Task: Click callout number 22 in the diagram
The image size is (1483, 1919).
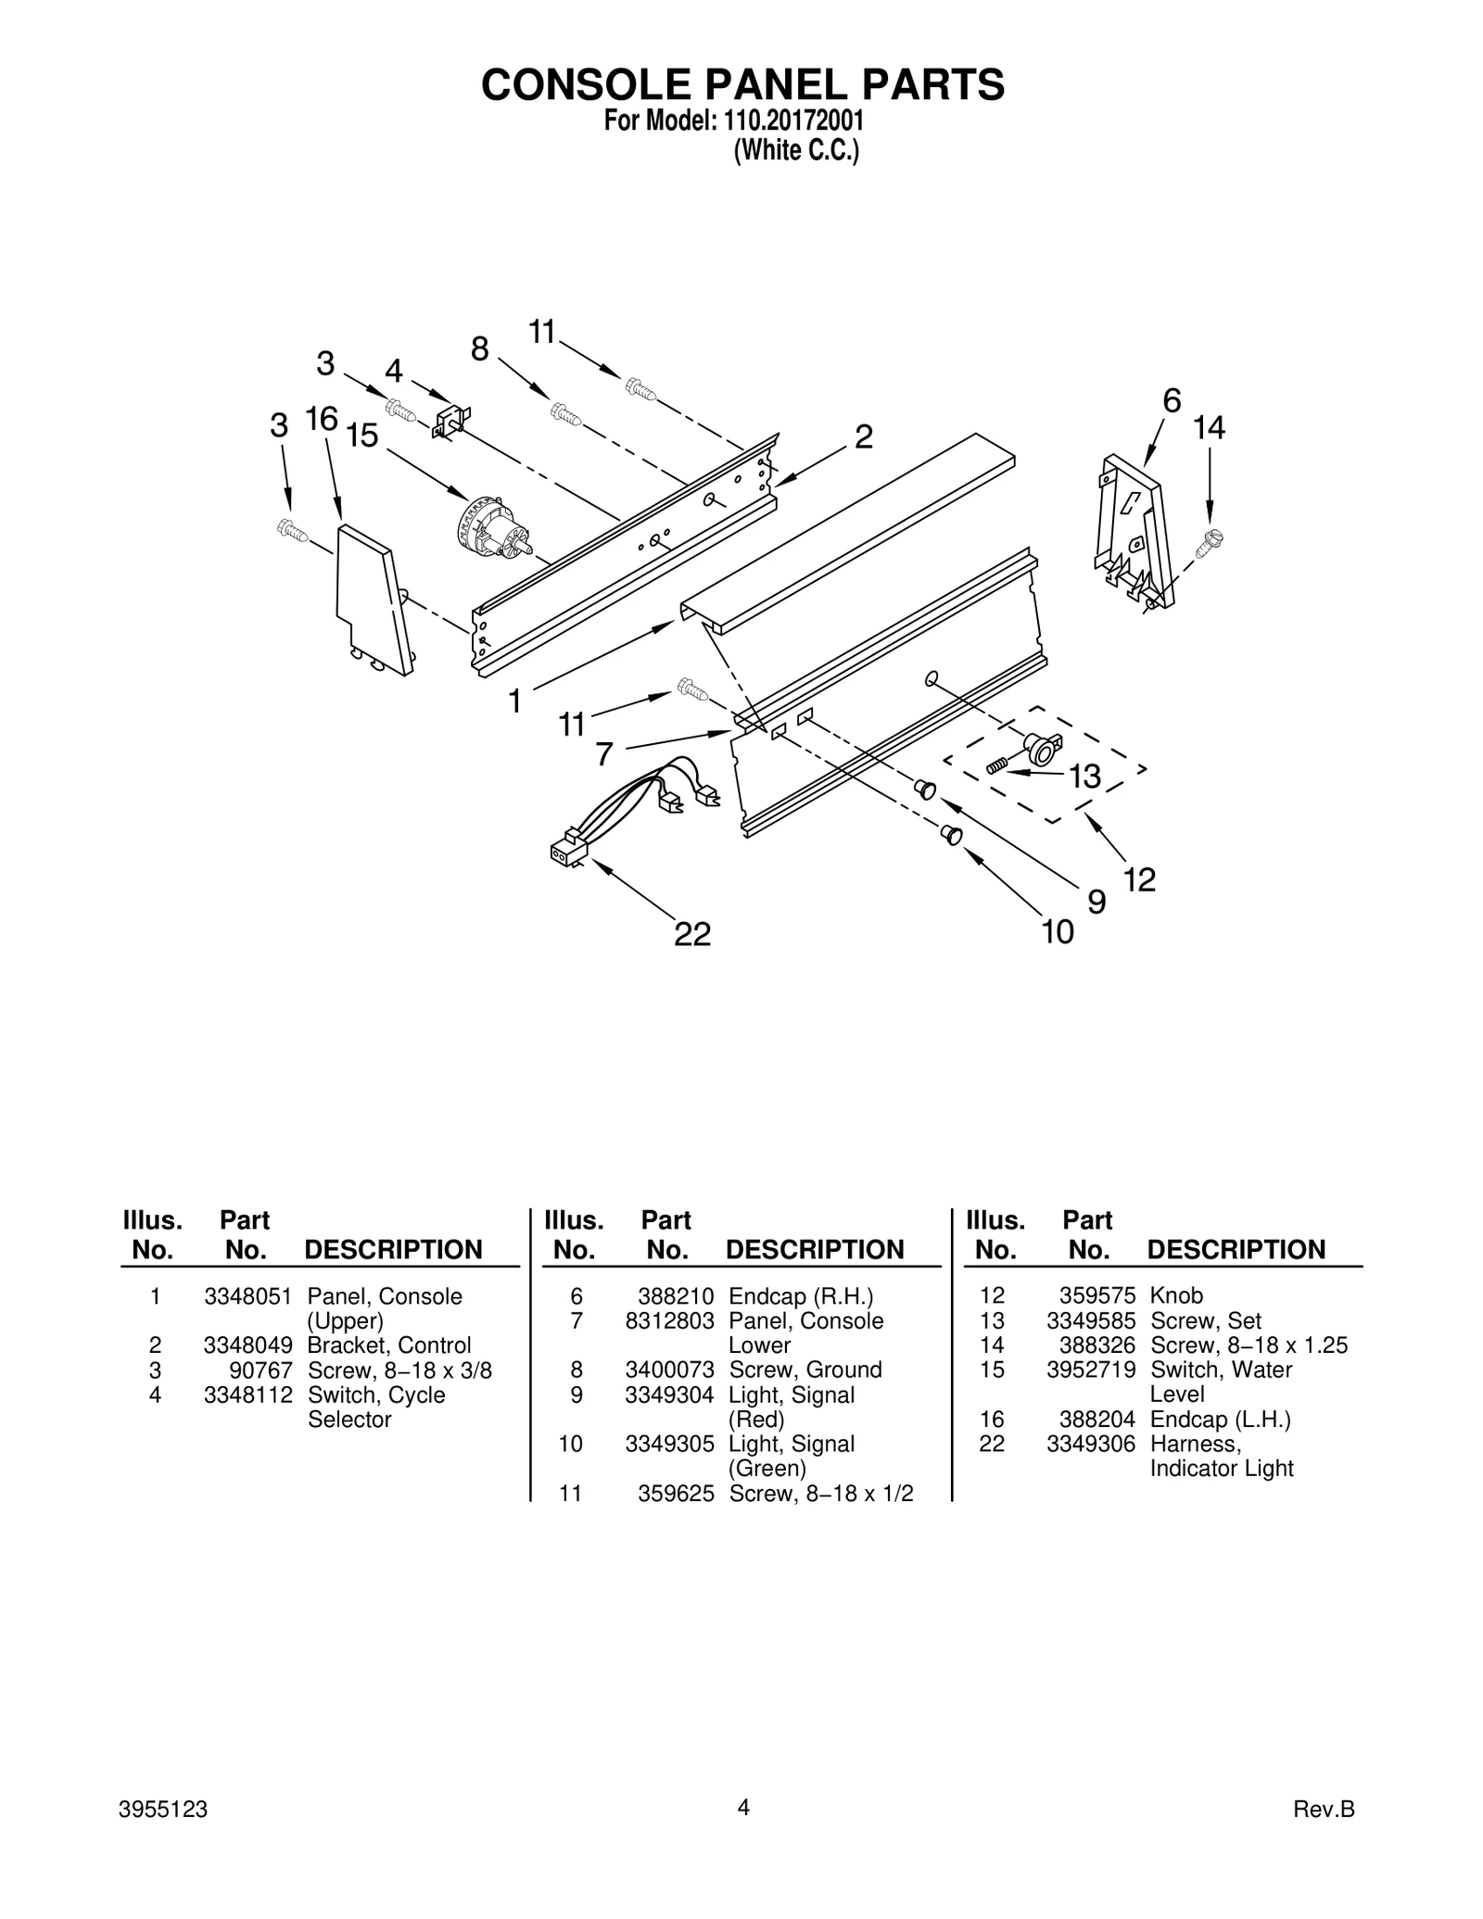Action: pyautogui.click(x=691, y=934)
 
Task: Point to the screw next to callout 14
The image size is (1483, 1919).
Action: pyautogui.click(x=1208, y=542)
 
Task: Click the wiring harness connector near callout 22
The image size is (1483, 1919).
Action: pyautogui.click(x=564, y=851)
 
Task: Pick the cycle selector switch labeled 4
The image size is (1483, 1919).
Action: pyautogui.click(x=450, y=419)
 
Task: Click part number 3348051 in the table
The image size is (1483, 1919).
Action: pyautogui.click(x=247, y=1295)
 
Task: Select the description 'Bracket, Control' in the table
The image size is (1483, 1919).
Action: pyautogui.click(x=388, y=1345)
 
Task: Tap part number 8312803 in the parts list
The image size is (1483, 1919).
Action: pyautogui.click(x=669, y=1320)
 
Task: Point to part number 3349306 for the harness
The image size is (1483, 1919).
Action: pyautogui.click(x=1090, y=1444)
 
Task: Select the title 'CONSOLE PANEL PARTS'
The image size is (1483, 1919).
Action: pyautogui.click(x=742, y=84)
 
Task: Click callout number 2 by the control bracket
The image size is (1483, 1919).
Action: pyautogui.click(x=862, y=436)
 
